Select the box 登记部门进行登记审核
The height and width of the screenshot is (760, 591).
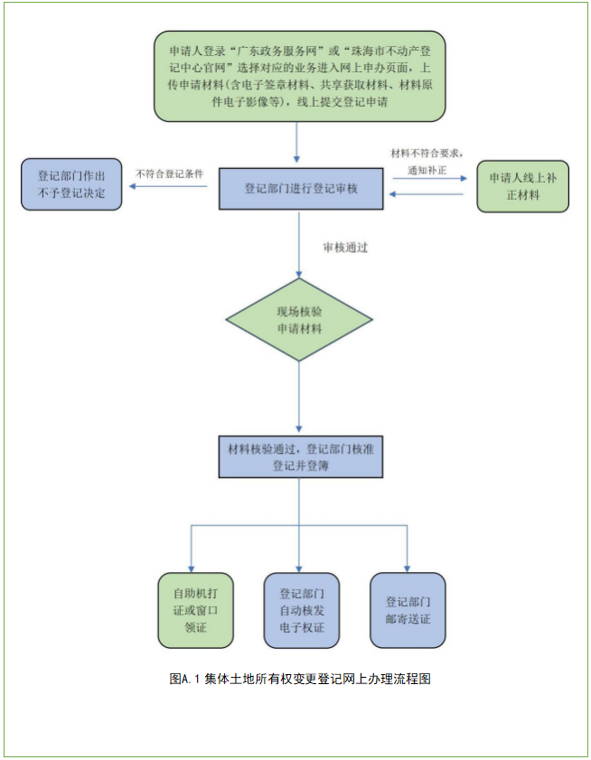pyautogui.click(x=301, y=188)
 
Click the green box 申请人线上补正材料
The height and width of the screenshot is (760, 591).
pyautogui.click(x=522, y=187)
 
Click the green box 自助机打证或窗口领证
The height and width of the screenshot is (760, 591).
pyautogui.click(x=195, y=610)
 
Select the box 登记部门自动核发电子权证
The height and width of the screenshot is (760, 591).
pyautogui.click(x=302, y=610)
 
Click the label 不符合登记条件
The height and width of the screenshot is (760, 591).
pyautogui.click(x=169, y=174)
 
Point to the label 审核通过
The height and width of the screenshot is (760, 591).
pyautogui.click(x=345, y=247)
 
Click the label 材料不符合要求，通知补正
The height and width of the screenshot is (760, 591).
pyautogui.click(x=427, y=161)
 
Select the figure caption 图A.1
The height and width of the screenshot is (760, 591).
pyautogui.click(x=299, y=679)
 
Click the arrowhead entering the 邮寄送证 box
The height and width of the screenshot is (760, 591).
pyautogui.click(x=408, y=566)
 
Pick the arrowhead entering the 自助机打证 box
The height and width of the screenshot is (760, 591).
pyautogui.click(x=191, y=566)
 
